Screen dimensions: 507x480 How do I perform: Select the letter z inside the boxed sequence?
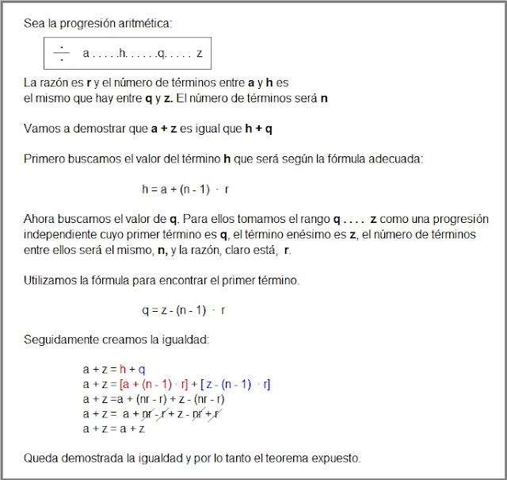pos(200,53)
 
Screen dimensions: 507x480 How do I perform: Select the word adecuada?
pos(398,159)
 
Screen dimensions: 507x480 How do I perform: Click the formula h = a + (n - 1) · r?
pos(185,190)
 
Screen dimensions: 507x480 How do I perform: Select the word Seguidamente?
pos(61,339)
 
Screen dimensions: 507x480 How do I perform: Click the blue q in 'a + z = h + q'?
pos(142,370)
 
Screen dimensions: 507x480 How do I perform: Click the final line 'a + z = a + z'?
pos(113,429)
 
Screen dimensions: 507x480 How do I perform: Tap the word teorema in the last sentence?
pos(297,459)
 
